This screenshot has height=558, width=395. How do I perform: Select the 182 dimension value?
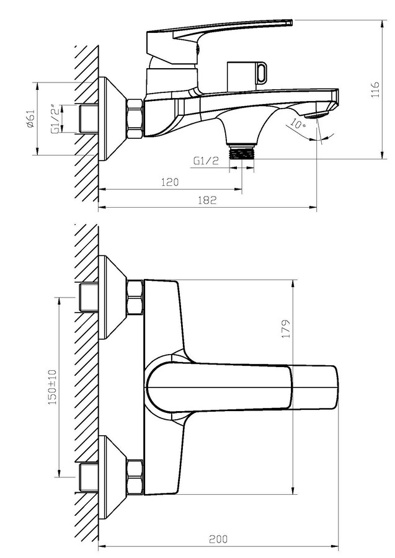pos(207,200)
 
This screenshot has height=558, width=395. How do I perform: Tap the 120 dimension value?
pos(170,182)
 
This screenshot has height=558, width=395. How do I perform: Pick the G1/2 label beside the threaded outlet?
pos(206,161)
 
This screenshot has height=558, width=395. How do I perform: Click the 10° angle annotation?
pos(298,124)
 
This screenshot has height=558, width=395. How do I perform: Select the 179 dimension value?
pos(286,329)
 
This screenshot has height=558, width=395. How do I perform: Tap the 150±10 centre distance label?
pos(52,386)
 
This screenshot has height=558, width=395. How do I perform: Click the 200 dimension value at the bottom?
pos(218,539)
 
